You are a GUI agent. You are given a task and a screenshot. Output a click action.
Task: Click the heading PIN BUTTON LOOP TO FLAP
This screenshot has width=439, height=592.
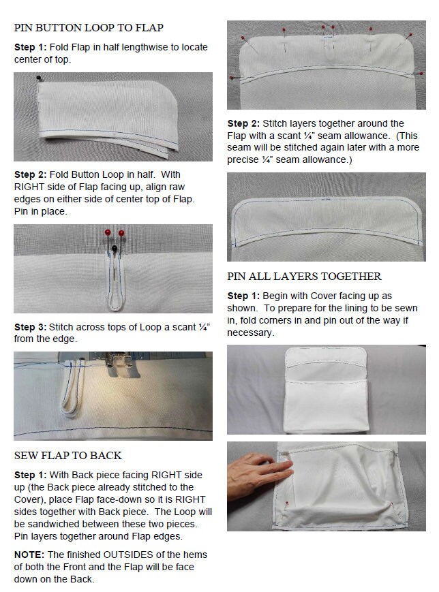click(x=89, y=27)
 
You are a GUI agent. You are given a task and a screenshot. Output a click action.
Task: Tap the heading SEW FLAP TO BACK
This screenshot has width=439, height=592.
click(x=68, y=455)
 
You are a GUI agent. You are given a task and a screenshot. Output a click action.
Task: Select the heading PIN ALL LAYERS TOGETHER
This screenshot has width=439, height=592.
click(x=304, y=277)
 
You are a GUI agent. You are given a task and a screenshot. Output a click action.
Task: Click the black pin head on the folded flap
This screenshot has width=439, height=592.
click(x=38, y=78)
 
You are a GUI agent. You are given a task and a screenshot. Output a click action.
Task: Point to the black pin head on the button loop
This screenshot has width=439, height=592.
click(x=114, y=248)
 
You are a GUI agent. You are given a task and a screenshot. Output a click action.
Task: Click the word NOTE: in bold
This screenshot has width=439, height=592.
click(x=29, y=555)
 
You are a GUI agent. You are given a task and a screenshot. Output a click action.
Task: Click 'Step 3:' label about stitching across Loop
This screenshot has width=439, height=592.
click(x=30, y=327)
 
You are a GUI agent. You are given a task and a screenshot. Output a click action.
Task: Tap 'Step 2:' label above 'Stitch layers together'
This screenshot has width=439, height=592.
click(x=243, y=123)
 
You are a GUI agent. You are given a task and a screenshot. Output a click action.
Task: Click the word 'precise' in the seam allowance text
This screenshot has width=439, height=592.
click(x=243, y=159)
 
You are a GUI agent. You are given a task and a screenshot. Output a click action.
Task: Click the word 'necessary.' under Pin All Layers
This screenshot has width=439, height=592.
click(x=249, y=332)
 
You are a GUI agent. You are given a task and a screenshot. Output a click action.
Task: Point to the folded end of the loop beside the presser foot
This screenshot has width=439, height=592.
click(x=69, y=414)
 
